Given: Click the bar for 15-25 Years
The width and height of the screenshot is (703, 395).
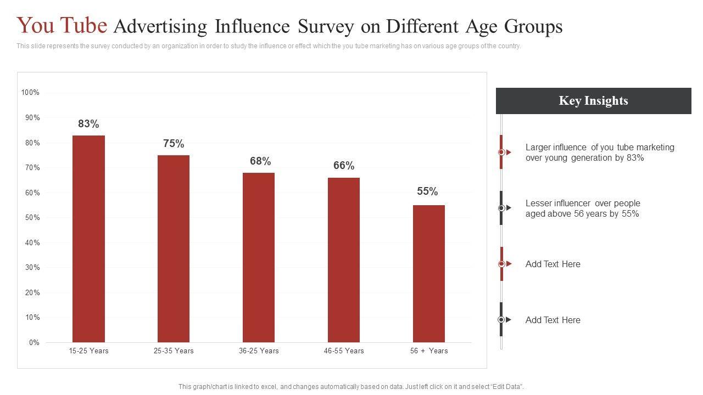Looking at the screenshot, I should click(x=88, y=239).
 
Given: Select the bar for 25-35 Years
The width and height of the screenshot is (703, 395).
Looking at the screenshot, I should click(x=174, y=249).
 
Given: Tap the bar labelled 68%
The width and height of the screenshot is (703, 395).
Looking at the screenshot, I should click(x=259, y=257).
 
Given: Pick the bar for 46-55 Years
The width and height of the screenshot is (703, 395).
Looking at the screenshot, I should click(x=344, y=259).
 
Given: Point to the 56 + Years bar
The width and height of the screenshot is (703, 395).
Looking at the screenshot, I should click(x=429, y=273).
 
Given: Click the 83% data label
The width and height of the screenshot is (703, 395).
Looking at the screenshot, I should click(x=88, y=124).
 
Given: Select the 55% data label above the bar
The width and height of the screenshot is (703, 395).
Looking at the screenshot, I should click(x=427, y=191).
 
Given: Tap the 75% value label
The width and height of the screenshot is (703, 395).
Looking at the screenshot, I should click(x=174, y=144).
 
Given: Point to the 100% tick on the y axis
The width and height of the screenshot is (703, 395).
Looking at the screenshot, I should click(x=30, y=93).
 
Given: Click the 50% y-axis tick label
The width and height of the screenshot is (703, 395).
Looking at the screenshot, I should click(x=32, y=218).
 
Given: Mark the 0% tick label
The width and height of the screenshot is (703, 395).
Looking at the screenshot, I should click(x=34, y=343).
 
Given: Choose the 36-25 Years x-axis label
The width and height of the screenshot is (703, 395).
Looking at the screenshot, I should click(x=259, y=351).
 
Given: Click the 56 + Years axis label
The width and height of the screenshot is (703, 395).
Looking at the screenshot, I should click(x=429, y=351).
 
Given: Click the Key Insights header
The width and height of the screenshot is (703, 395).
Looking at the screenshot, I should click(x=593, y=101).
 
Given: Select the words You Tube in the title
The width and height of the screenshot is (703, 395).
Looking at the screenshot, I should click(x=62, y=26).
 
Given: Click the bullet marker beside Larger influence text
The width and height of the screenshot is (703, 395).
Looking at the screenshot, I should click(x=501, y=152).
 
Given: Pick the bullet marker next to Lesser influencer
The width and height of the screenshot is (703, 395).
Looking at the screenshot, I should click(x=501, y=208).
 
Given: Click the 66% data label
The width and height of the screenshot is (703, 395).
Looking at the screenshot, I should click(x=344, y=166).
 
